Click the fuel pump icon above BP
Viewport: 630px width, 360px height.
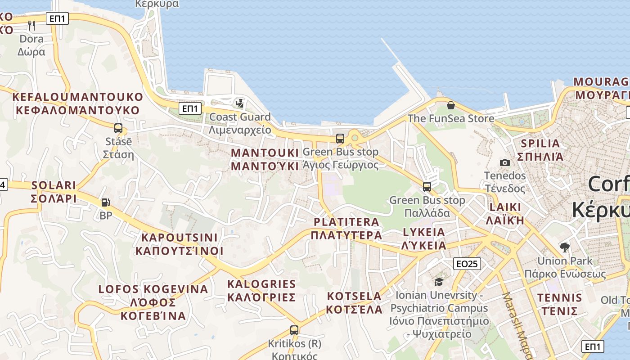tap(105, 203)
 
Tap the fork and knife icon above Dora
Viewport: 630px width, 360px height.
tap(31, 25)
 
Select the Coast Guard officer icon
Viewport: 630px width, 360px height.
tap(240, 103)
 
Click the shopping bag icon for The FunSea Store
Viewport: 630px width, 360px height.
tap(450, 105)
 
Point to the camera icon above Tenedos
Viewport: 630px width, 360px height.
tap(505, 162)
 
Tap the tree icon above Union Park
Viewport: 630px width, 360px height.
tap(564, 247)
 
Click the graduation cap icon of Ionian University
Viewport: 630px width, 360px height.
tap(438, 282)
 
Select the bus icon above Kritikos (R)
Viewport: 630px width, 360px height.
tap(294, 330)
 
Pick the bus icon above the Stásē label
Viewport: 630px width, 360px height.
tap(118, 128)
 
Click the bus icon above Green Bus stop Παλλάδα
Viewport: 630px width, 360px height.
tap(427, 186)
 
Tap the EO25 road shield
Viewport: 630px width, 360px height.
tap(467, 264)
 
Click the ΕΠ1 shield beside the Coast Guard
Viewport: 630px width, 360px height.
tap(190, 108)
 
